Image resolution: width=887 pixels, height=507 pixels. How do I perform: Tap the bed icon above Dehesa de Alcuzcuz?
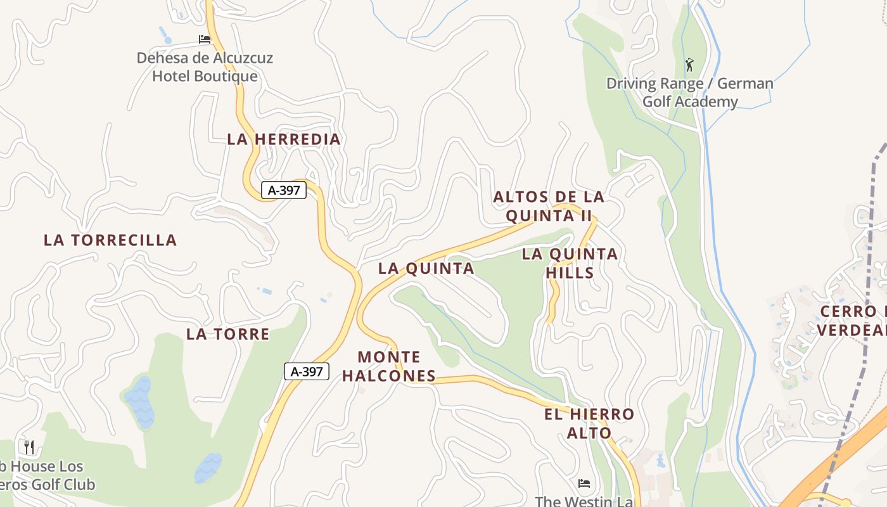click(205, 39)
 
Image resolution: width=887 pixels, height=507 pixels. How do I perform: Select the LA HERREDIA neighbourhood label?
click(284, 139)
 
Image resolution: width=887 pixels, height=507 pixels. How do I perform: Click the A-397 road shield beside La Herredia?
click(284, 189)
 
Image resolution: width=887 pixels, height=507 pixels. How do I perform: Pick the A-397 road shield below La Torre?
click(307, 371)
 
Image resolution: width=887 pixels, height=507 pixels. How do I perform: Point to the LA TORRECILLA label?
click(110, 240)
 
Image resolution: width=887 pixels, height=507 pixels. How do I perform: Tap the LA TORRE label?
click(228, 334)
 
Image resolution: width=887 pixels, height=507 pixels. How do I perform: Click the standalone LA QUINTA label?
click(426, 269)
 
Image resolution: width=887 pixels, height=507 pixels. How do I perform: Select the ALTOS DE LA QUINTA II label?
click(549, 207)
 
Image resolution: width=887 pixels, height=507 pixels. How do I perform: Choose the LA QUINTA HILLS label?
click(570, 264)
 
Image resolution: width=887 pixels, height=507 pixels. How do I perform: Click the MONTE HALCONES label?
click(389, 366)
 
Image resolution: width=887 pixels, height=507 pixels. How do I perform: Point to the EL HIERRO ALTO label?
click(589, 424)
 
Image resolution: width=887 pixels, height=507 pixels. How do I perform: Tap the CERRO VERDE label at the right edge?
click(852, 321)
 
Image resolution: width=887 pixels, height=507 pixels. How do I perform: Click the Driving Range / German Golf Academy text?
click(690, 93)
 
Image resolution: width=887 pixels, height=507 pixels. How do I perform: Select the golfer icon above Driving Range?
click(689, 64)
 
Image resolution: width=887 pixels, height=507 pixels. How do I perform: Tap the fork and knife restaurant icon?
click(29, 447)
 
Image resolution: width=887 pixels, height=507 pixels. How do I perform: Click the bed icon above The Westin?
click(584, 484)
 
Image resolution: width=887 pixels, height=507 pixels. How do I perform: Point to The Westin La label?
click(584, 501)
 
